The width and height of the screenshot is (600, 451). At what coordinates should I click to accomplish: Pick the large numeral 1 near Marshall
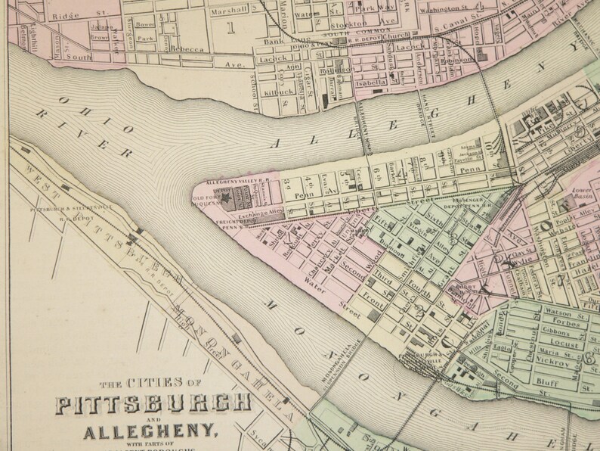pos(230,30)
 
